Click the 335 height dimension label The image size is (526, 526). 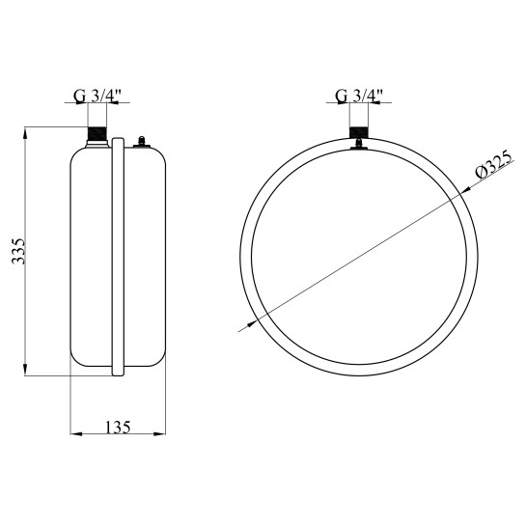[17, 251]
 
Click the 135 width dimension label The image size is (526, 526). [118, 427]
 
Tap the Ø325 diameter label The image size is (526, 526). [494, 166]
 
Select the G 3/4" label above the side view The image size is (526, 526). [97, 97]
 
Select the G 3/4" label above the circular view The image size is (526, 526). [359, 97]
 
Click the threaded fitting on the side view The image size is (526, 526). [97, 133]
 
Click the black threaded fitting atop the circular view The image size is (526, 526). [359, 132]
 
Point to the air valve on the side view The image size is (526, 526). [142, 142]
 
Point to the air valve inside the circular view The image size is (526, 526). [359, 144]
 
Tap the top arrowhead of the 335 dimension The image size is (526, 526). [25, 133]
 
